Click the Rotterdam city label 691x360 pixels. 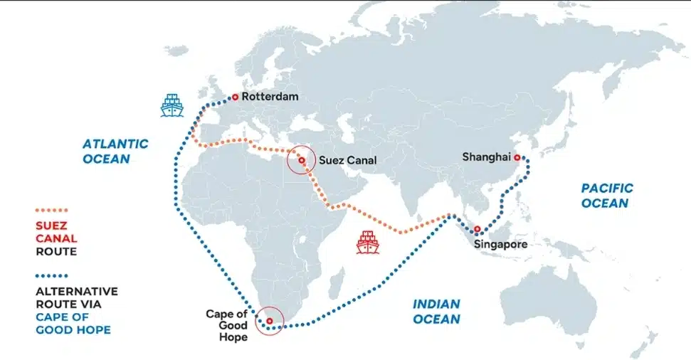point(270,97)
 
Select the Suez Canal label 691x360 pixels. point(347,160)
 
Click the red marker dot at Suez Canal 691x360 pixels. point(302,161)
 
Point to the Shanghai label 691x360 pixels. point(486,157)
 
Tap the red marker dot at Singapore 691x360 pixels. point(477,229)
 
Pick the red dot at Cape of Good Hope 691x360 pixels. point(269,321)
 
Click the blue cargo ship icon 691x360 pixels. point(172,105)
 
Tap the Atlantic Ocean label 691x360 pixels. point(115,151)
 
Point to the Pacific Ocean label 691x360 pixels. point(606,196)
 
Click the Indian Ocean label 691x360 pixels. point(436,312)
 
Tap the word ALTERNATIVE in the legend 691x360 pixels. point(76,291)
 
